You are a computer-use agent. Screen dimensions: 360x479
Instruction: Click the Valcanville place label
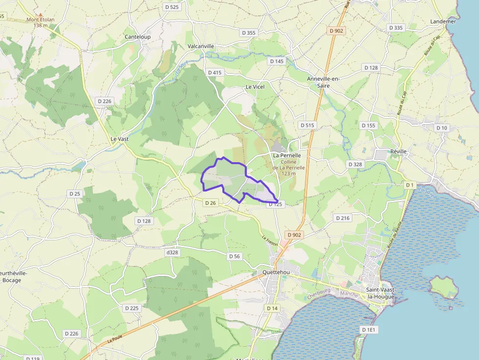(201, 46)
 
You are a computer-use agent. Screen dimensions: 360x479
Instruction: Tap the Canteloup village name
(137, 37)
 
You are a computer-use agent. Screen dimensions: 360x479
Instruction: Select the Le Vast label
(120, 139)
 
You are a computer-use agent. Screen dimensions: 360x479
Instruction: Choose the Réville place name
(399, 151)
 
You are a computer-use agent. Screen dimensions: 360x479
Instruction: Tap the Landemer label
(443, 21)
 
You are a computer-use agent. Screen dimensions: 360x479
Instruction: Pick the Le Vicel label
(255, 87)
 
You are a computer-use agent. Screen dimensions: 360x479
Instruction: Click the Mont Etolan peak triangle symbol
(40, 15)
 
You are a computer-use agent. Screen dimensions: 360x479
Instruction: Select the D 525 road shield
(172, 7)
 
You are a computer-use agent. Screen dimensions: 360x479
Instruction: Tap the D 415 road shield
(215, 72)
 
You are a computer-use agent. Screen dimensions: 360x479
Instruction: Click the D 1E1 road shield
(370, 330)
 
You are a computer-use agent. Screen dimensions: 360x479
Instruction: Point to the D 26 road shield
(211, 203)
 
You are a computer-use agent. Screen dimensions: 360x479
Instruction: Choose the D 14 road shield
(272, 308)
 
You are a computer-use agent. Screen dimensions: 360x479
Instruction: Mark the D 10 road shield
(441, 128)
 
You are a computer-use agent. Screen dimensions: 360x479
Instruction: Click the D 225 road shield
(131, 308)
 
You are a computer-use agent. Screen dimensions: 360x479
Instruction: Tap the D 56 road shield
(235, 256)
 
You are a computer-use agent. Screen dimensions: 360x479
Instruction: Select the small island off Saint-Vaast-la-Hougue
(444, 287)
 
